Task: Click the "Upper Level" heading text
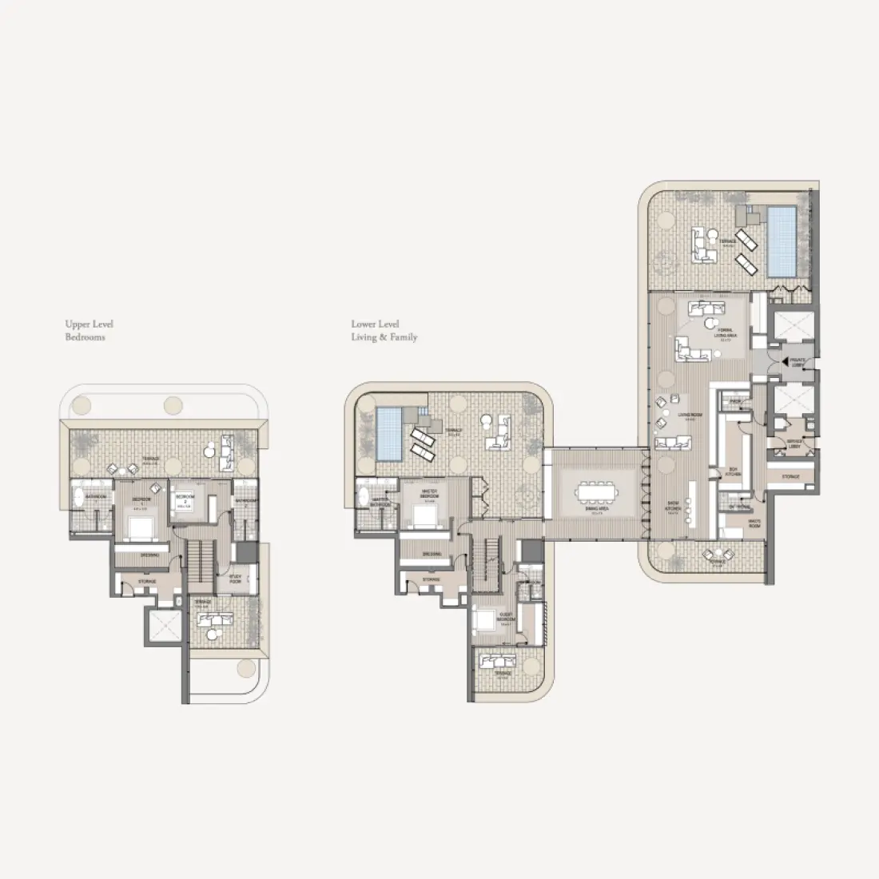click(x=89, y=324)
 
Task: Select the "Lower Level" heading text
click(x=375, y=324)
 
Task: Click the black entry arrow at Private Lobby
click(x=786, y=361)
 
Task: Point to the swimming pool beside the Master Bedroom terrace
click(x=388, y=433)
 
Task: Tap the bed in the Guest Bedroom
click(x=485, y=620)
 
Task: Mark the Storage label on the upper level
click(x=146, y=582)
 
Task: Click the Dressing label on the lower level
click(x=432, y=553)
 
